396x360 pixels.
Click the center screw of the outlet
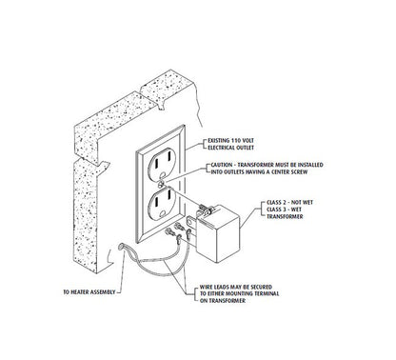161,183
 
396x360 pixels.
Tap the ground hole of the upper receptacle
164,174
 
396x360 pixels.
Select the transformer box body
218,232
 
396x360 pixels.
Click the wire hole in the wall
121,246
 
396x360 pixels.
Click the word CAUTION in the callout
222,165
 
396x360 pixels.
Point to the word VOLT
248,140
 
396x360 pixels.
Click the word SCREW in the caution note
299,172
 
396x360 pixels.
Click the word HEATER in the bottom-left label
79,291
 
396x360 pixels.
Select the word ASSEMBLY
103,291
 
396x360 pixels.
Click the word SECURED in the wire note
262,287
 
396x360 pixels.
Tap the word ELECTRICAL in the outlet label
222,148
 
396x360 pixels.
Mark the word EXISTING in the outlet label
219,140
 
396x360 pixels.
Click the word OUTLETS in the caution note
233,172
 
